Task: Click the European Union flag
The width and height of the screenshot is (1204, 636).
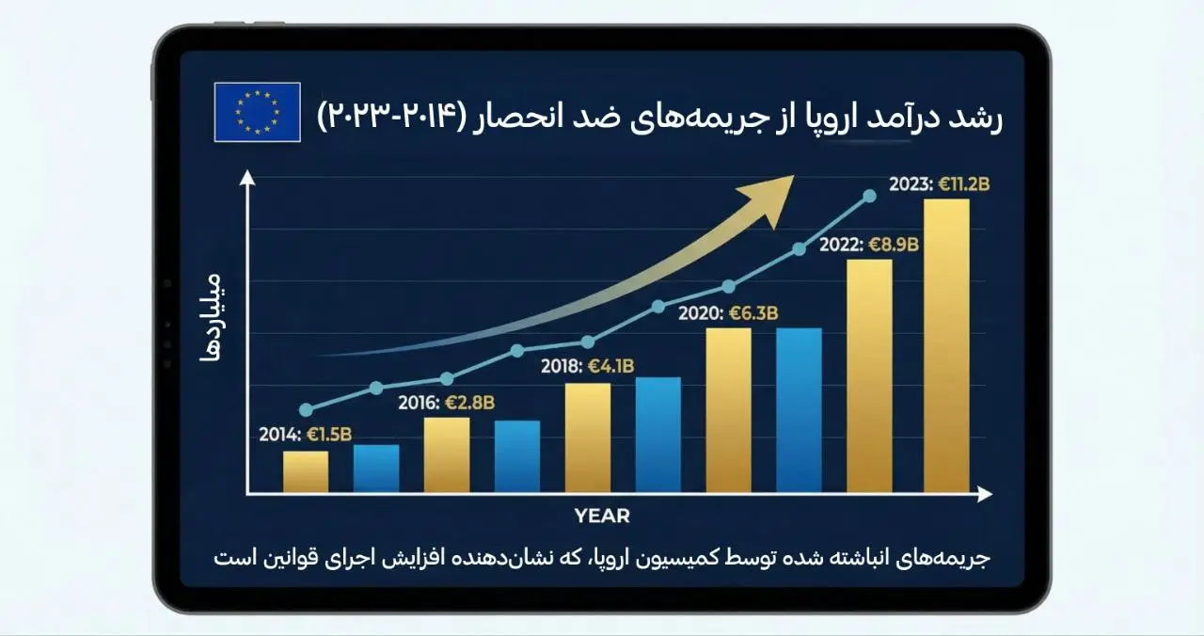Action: click(257, 112)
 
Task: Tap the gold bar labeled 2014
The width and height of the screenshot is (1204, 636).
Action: click(306, 471)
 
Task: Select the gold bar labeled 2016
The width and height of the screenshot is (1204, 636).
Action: click(447, 454)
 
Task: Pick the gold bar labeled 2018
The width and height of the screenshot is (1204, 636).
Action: click(588, 437)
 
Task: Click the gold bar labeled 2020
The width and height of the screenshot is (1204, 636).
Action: click(729, 409)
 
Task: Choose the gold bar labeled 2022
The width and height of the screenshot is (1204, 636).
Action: click(870, 375)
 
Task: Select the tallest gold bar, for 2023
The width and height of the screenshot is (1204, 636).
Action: click(946, 345)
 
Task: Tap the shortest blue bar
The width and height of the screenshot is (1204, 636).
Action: click(376, 469)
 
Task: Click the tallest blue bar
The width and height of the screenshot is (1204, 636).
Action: click(799, 409)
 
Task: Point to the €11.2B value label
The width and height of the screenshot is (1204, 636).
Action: click(964, 184)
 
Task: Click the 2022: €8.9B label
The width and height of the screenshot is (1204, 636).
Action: click(868, 245)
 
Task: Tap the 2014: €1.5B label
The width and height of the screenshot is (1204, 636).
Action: click(306, 435)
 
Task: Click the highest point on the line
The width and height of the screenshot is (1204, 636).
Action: click(869, 196)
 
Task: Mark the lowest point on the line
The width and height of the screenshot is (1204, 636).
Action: click(306, 409)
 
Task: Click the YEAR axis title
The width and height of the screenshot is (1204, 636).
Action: click(602, 516)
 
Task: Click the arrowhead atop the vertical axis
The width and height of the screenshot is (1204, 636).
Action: click(246, 178)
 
